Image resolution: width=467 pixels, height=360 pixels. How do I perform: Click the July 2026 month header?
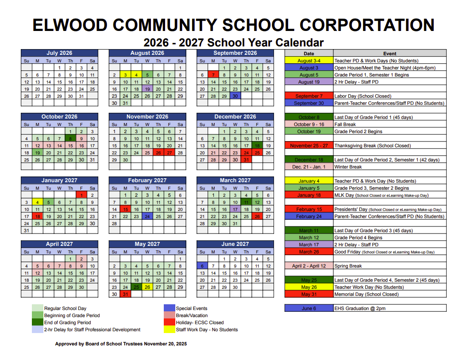[59, 53]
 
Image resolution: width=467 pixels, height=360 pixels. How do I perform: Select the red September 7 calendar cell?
[213, 75]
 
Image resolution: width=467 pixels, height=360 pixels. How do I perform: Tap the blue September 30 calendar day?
[235, 96]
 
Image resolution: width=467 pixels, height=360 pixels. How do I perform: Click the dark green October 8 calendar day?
[70, 138]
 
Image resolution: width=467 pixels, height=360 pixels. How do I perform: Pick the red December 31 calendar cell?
[246, 160]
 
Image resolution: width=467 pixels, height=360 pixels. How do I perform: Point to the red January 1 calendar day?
[81, 195]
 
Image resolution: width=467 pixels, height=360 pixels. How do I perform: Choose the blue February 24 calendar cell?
[147, 216]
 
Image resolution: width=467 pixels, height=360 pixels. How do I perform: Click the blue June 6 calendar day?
[202, 266]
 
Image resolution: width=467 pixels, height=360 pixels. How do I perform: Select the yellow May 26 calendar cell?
[147, 287]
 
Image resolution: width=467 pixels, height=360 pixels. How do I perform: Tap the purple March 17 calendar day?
[235, 209]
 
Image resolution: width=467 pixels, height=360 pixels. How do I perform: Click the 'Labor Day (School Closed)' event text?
[363, 96]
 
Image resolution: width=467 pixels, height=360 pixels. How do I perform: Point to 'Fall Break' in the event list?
[345, 124]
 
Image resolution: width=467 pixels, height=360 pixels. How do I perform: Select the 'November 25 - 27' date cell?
[309, 146]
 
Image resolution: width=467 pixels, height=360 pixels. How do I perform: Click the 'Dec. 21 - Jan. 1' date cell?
[309, 167]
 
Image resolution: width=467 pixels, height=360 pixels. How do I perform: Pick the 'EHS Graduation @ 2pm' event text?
[361, 308]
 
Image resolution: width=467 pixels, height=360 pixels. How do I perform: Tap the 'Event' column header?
[390, 54]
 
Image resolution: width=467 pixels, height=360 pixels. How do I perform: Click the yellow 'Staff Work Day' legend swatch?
[170, 329]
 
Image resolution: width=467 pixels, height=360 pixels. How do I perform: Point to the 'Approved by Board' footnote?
[121, 344]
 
